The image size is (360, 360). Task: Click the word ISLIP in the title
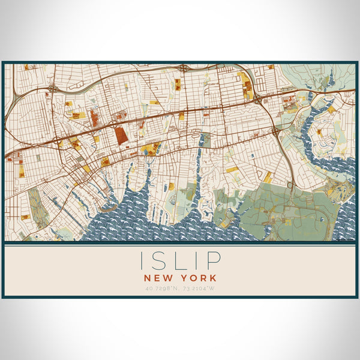[x=180, y=260]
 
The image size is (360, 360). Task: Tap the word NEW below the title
[x=158, y=278]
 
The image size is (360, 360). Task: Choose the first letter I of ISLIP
[x=143, y=260]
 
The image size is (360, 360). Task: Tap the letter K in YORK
[x=213, y=278]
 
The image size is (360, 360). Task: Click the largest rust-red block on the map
[x=121, y=135]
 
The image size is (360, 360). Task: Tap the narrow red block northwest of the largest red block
[x=94, y=118]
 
